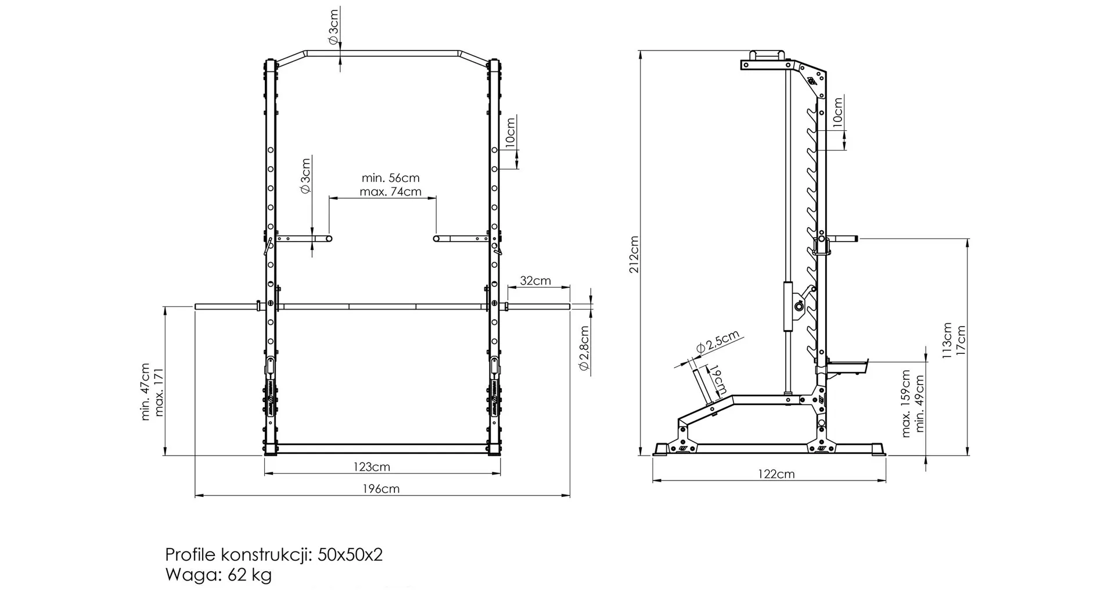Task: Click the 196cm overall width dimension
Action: (x=381, y=489)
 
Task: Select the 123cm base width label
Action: (x=372, y=467)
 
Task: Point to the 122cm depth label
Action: (x=776, y=474)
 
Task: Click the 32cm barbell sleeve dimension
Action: (x=535, y=281)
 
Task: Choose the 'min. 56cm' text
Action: (x=390, y=178)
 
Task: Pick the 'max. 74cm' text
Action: (x=390, y=192)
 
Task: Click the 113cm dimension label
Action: (x=947, y=340)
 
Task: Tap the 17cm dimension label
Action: (x=961, y=342)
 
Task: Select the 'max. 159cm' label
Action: (x=906, y=403)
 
